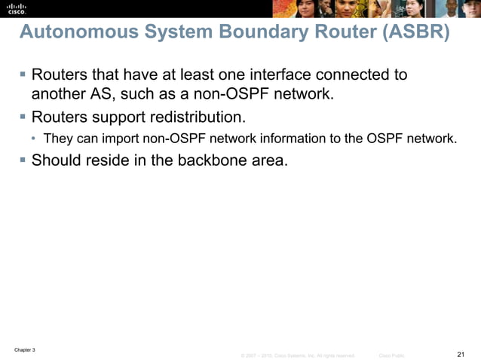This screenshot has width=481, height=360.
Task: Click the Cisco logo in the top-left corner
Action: [17, 8]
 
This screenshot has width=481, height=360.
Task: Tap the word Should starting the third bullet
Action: [57, 160]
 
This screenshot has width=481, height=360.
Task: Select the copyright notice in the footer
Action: [297, 355]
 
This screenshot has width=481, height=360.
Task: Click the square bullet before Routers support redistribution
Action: [23, 117]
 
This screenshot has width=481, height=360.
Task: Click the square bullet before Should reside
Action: [23, 160]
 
